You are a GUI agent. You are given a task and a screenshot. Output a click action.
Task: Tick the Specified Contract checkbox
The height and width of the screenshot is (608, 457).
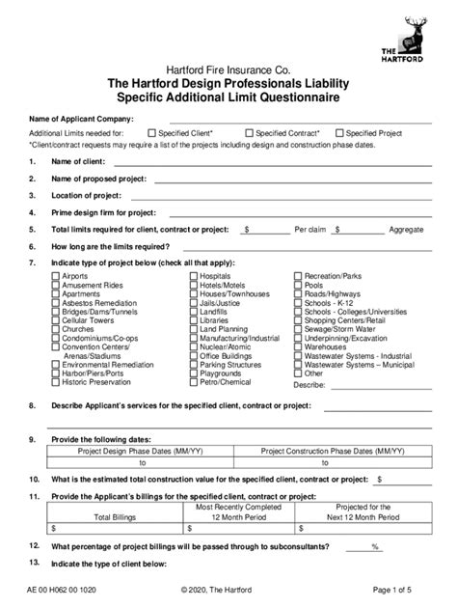tap(250, 133)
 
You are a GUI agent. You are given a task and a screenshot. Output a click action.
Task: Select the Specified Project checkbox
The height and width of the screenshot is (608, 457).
tap(338, 133)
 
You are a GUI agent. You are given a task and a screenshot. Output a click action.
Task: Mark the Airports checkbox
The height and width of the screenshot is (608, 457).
tap(55, 276)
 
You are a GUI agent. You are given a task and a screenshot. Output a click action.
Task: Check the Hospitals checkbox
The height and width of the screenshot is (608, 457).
tap(194, 276)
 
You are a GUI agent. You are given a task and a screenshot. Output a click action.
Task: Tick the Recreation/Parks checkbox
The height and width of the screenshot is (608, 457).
tap(296, 276)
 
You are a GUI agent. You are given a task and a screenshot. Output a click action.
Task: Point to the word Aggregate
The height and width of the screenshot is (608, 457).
tap(405, 230)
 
